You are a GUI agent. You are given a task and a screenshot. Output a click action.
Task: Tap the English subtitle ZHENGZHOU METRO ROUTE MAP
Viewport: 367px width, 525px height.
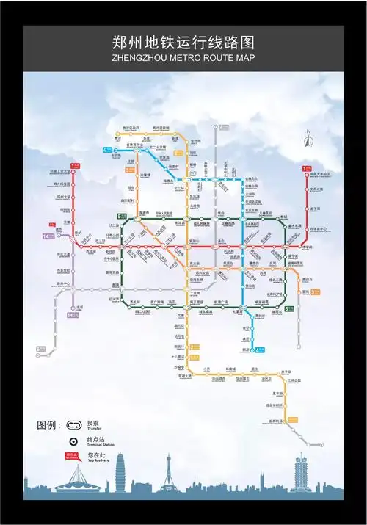point(183,57)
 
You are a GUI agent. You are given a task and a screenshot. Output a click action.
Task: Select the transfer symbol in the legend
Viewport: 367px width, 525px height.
point(73,424)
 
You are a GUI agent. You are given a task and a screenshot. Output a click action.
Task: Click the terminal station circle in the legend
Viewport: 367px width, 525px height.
point(73,442)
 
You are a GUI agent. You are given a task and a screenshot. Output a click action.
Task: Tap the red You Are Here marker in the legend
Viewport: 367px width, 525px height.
point(72,457)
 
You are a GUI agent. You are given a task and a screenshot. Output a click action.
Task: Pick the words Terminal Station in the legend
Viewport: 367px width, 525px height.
point(101,446)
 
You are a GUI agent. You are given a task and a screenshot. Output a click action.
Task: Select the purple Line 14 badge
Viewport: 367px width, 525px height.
point(48,236)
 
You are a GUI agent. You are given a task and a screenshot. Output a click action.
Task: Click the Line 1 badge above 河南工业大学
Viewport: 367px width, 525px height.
point(75,166)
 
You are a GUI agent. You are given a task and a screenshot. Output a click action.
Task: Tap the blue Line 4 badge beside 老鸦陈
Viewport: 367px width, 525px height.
point(108,150)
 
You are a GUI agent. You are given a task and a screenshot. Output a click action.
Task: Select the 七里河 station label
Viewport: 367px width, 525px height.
point(237,312)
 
